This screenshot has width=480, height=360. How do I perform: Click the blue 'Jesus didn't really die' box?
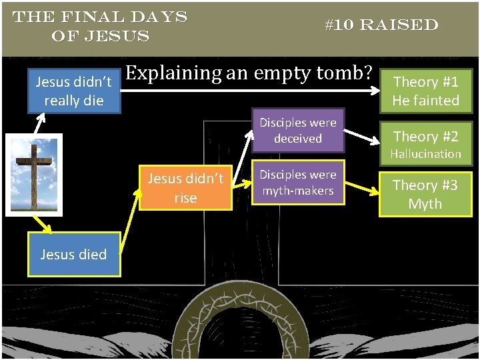click(73, 91)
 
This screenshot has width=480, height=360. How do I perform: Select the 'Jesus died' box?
click(73, 254)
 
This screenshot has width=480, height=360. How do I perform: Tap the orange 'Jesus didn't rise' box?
click(185, 188)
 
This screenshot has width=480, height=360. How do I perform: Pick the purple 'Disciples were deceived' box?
click(297, 131)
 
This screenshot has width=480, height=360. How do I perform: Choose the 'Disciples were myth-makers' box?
click(297, 183)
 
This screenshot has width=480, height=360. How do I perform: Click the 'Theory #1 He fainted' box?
click(425, 91)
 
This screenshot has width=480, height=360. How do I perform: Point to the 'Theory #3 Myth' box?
click(425, 194)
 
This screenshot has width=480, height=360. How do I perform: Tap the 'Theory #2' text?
click(425, 137)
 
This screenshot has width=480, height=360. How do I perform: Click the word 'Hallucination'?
click(425, 154)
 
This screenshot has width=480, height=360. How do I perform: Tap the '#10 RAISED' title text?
click(381, 25)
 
